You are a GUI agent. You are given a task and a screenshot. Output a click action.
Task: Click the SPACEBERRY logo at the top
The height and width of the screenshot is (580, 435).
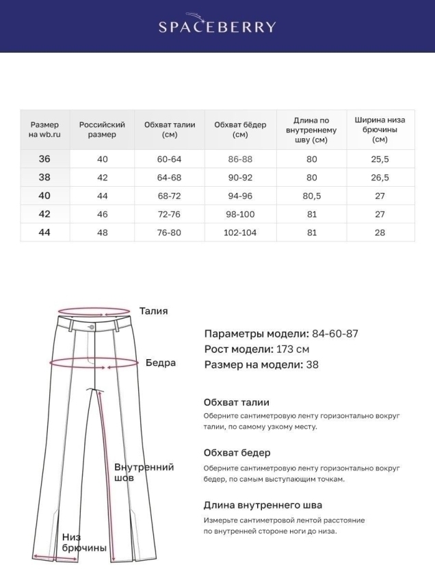coord(217,26)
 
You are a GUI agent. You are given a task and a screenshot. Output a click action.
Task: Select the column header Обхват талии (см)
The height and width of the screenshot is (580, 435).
coord(170,129)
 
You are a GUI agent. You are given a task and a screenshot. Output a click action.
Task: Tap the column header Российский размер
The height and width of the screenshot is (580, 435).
coord(102,129)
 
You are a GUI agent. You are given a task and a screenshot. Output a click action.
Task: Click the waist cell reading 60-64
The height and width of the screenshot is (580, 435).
coord(170,159)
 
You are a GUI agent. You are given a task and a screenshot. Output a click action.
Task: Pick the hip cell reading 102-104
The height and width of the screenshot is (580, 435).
coord(240,233)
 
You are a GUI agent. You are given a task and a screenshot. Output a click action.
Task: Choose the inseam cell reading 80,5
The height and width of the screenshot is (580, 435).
coord(311,196)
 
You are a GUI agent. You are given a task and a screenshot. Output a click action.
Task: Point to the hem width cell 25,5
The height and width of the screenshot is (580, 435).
coord(380,159)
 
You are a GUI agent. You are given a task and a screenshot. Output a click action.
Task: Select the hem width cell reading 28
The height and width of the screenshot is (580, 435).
coord(380,233)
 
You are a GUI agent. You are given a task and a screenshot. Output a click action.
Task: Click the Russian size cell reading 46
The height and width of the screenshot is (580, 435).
coord(102,214)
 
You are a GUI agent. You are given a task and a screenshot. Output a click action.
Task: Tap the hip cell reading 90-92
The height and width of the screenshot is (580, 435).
coord(240,177)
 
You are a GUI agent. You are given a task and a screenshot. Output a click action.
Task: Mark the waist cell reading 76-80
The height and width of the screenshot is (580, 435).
coord(170,233)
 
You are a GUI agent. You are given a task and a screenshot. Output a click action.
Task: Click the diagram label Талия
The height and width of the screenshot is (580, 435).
coord(153,311)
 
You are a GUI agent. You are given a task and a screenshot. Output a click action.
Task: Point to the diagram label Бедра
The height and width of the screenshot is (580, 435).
coord(160,362)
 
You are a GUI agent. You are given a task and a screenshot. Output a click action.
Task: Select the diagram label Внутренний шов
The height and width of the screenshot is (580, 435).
coord(144,473)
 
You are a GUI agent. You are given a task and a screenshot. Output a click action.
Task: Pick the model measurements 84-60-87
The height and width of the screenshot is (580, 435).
coord(335,334)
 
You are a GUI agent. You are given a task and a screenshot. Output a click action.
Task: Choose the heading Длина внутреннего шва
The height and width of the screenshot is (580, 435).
coord(263,505)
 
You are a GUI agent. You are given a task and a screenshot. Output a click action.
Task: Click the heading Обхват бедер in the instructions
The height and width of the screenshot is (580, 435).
coord(237,453)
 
